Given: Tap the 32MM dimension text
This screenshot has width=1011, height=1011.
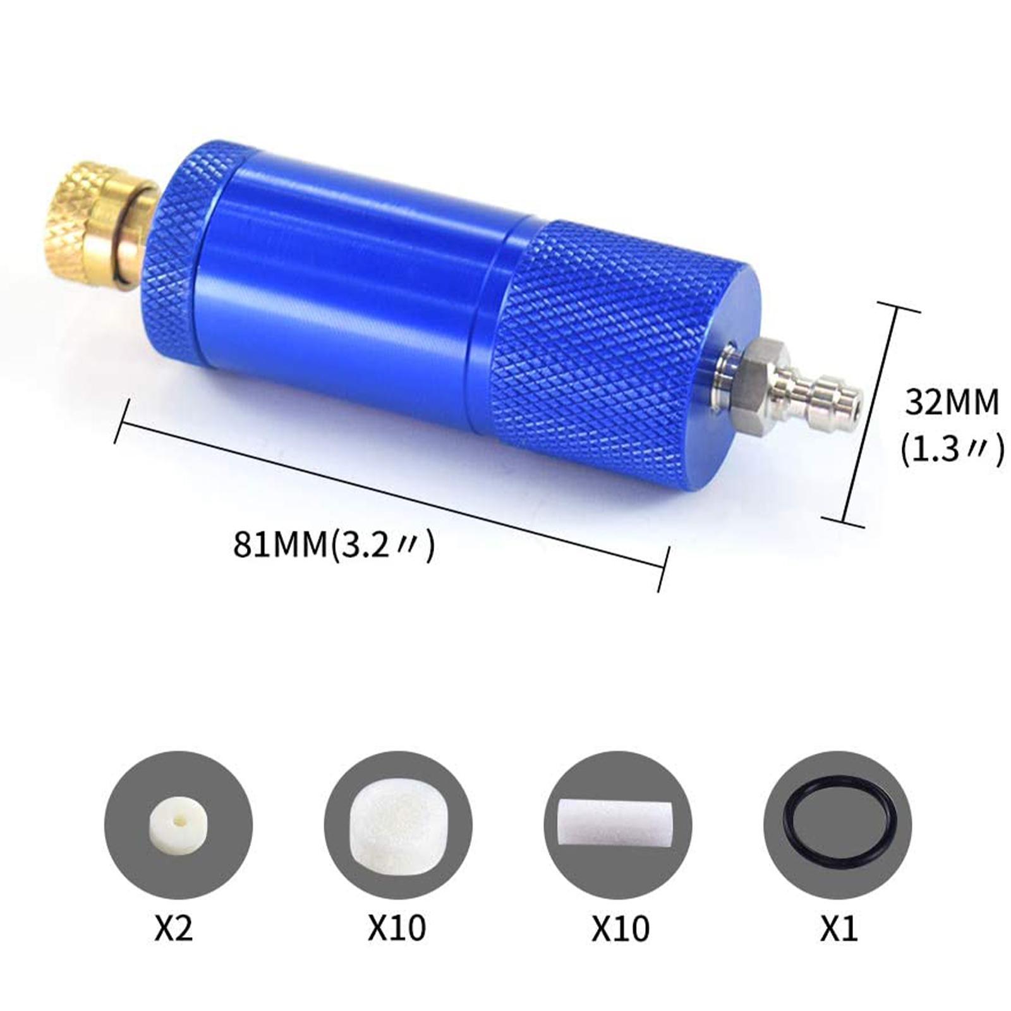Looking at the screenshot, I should tap(952, 402).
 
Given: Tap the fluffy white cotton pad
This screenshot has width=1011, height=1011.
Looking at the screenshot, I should tap(397, 824).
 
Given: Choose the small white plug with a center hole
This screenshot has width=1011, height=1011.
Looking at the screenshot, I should tap(178, 825).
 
